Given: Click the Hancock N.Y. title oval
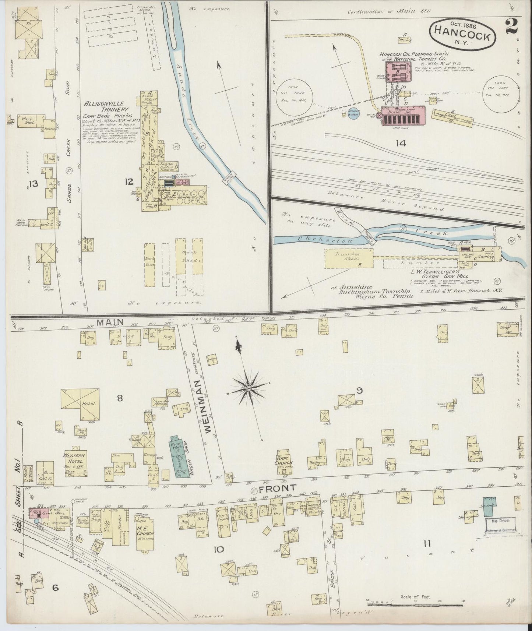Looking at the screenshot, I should [462, 33].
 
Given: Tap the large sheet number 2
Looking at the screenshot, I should [511, 27].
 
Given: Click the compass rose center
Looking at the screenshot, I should [249, 388].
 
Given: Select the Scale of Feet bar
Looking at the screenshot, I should [415, 601].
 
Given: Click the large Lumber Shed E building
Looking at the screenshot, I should [349, 258].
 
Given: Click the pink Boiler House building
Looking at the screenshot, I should [403, 116].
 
